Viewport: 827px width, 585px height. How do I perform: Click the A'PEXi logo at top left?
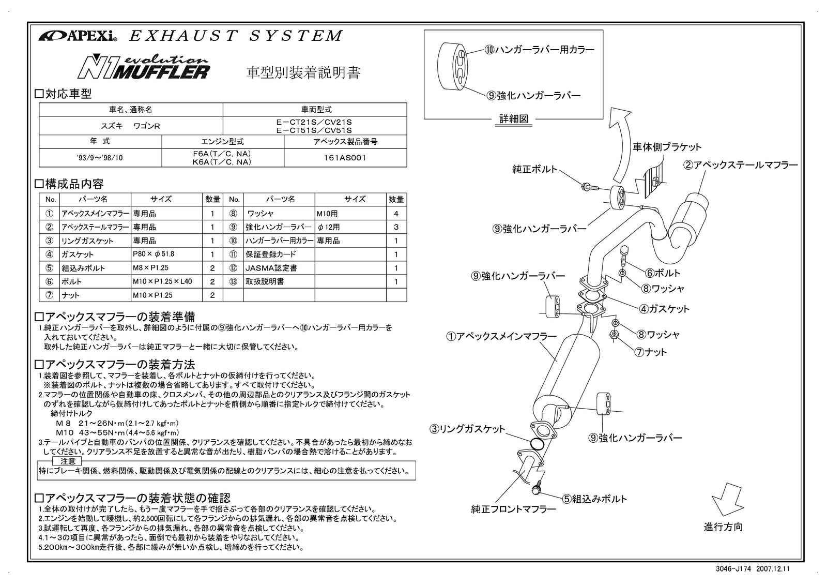point(78,36)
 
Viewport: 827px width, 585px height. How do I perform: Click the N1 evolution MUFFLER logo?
point(143,66)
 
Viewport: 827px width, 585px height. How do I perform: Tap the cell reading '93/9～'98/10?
point(100,158)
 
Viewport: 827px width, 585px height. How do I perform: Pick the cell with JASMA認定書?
point(279,268)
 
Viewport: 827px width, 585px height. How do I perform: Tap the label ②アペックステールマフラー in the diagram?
point(740,166)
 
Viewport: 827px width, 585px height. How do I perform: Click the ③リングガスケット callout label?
point(467,429)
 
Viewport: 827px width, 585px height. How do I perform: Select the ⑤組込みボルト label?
point(595,499)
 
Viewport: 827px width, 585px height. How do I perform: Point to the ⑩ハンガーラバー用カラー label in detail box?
point(539,50)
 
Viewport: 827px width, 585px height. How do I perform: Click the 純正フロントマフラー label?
point(513,509)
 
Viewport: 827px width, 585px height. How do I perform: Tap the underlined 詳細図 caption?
point(514,119)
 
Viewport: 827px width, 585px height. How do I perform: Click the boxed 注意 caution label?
point(68,461)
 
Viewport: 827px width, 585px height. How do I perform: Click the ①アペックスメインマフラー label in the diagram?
point(501,337)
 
